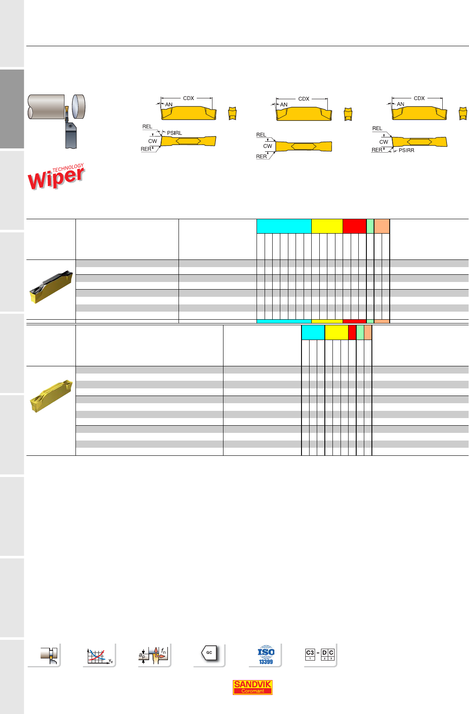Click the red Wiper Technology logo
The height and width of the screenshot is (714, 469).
point(56,176)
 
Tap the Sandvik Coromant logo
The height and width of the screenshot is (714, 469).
point(252,687)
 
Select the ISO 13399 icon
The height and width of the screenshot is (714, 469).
point(266,655)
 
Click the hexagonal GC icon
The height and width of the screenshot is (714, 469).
point(209,653)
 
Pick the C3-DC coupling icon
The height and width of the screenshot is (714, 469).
point(320,654)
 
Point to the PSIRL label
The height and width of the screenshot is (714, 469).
point(174,133)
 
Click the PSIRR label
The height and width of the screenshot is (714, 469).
point(406,150)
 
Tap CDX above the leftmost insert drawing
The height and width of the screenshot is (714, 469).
point(188,98)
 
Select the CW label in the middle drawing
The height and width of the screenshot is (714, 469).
point(268,146)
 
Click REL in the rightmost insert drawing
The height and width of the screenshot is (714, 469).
point(377,128)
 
